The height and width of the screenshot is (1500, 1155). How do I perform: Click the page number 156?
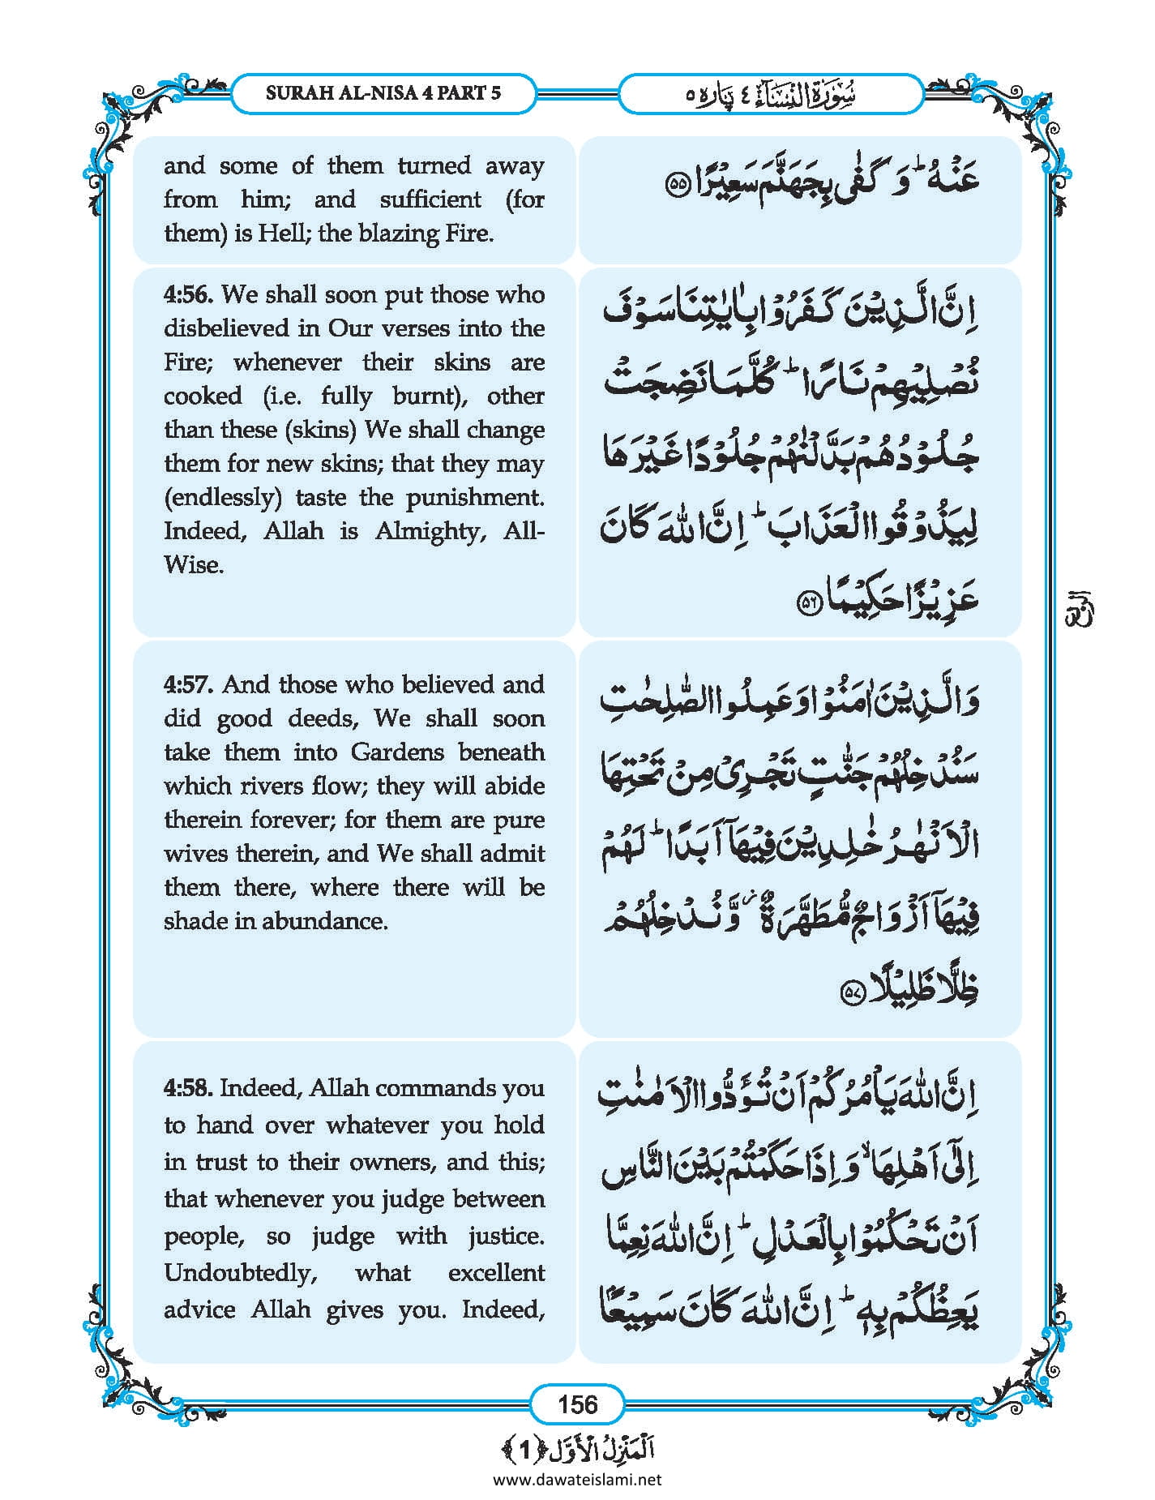pos(577,1404)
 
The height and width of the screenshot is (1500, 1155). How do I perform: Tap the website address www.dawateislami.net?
pos(577,1479)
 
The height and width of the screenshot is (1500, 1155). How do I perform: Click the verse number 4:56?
pos(188,294)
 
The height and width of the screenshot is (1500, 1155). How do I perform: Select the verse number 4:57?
pos(188,685)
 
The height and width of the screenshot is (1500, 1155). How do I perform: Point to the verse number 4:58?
pos(188,1088)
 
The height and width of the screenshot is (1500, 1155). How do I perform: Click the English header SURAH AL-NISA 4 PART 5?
pos(383,92)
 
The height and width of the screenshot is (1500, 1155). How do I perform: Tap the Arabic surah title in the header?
pos(770,94)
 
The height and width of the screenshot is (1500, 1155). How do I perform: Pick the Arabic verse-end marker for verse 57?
pos(850,992)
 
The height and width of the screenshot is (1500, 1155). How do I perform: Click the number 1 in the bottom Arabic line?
pos(524,1449)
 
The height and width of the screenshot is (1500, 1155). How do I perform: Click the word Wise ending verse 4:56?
pos(193,565)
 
